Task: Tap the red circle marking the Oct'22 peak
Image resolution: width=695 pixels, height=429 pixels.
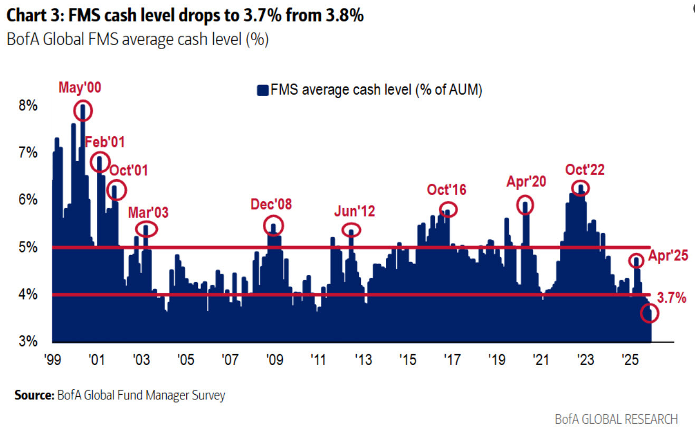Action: pyautogui.click(x=581, y=188)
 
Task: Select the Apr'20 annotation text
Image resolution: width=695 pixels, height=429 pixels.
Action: pyautogui.click(x=526, y=182)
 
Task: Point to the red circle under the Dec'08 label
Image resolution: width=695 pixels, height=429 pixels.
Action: pyautogui.click(x=273, y=226)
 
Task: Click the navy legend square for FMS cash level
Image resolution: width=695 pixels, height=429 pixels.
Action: pyautogui.click(x=262, y=90)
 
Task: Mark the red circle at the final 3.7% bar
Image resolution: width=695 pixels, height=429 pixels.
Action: pyautogui.click(x=650, y=314)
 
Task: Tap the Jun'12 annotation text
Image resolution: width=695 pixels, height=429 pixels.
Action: pyautogui.click(x=355, y=212)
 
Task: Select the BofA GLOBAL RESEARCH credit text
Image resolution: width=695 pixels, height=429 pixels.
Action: pyautogui.click(x=616, y=418)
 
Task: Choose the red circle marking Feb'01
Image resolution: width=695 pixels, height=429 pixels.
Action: pyautogui.click(x=100, y=161)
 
